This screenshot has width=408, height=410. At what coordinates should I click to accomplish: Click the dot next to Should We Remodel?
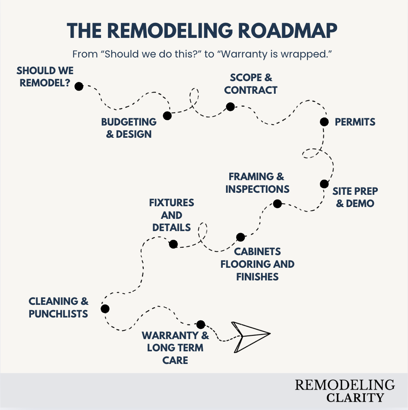pos(79,86)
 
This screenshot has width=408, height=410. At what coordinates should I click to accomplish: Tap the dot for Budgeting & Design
pos(167,116)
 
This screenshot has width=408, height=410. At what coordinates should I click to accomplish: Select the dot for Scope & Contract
pos(230,107)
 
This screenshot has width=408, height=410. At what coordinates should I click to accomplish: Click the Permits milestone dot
pos(324,121)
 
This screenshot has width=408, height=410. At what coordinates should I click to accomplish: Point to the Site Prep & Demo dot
pos(324,184)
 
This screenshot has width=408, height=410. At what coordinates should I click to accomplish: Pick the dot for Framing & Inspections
pos(277,203)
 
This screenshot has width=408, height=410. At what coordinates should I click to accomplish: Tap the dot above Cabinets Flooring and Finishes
pos(241,237)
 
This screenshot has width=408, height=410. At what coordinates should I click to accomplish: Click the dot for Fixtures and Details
pos(173,244)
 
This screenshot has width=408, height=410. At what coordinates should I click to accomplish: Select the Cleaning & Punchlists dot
pos(105,309)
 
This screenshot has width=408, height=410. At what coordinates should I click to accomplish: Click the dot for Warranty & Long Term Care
pos(200,324)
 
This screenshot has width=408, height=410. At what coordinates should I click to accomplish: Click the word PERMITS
pos(355,122)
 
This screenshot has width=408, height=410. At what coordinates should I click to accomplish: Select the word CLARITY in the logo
pos(355,397)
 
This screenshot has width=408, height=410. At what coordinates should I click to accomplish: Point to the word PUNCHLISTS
pos(58,313)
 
